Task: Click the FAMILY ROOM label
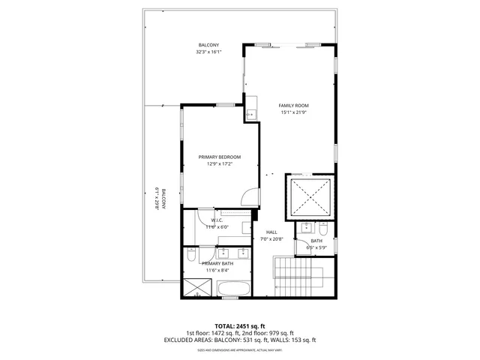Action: point(295,105)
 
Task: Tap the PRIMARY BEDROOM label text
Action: point(219,157)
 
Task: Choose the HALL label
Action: point(271,232)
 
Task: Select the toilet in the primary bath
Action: point(190,259)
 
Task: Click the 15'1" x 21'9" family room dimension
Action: point(295,112)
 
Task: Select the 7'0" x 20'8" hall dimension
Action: point(271,238)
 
